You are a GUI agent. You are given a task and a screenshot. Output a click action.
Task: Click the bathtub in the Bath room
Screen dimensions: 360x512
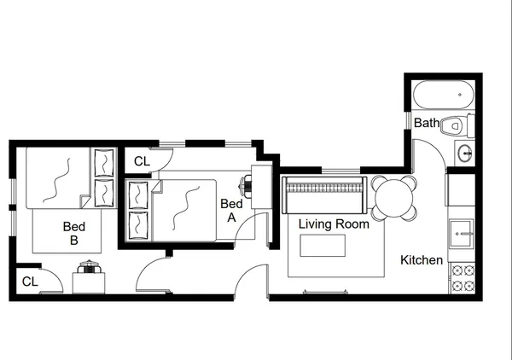442,92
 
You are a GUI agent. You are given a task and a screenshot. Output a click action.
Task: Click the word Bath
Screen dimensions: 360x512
426,124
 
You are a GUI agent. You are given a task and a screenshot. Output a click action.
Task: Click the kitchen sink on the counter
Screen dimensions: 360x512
462,229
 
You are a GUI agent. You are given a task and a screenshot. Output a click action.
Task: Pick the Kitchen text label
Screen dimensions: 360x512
422,260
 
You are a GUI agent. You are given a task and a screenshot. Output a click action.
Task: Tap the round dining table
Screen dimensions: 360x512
394,198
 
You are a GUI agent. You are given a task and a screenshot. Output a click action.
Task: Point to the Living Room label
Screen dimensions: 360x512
334,224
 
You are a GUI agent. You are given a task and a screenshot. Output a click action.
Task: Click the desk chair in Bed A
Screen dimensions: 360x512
247,182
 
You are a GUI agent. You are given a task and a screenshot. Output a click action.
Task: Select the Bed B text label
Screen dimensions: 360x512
73,234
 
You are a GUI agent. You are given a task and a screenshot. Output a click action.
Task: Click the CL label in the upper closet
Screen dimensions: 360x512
142,160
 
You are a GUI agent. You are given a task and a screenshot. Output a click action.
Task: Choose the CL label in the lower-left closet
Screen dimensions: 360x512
29,281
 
